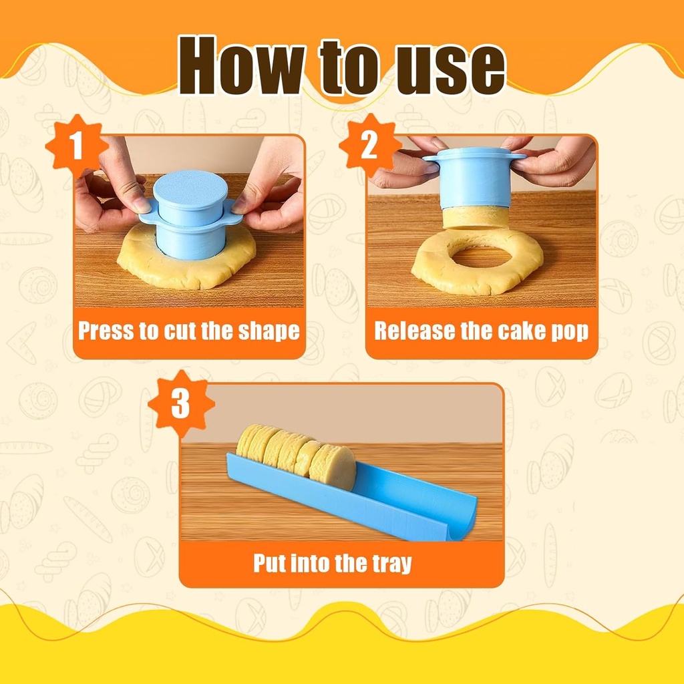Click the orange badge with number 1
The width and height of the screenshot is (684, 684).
tap(76, 146)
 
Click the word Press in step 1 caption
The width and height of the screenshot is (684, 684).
tap(106, 331)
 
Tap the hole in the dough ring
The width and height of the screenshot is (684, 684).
tap(478, 256)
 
